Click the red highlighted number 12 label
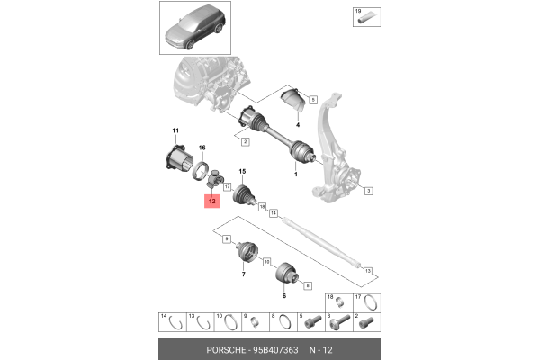211,202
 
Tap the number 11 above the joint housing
175,131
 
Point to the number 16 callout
202,147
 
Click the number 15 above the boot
241,171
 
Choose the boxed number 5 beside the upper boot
313,100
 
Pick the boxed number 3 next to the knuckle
369,191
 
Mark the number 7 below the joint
243,274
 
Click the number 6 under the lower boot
284,296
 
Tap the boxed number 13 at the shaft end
367,270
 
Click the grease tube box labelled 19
363,13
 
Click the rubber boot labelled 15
244,193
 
